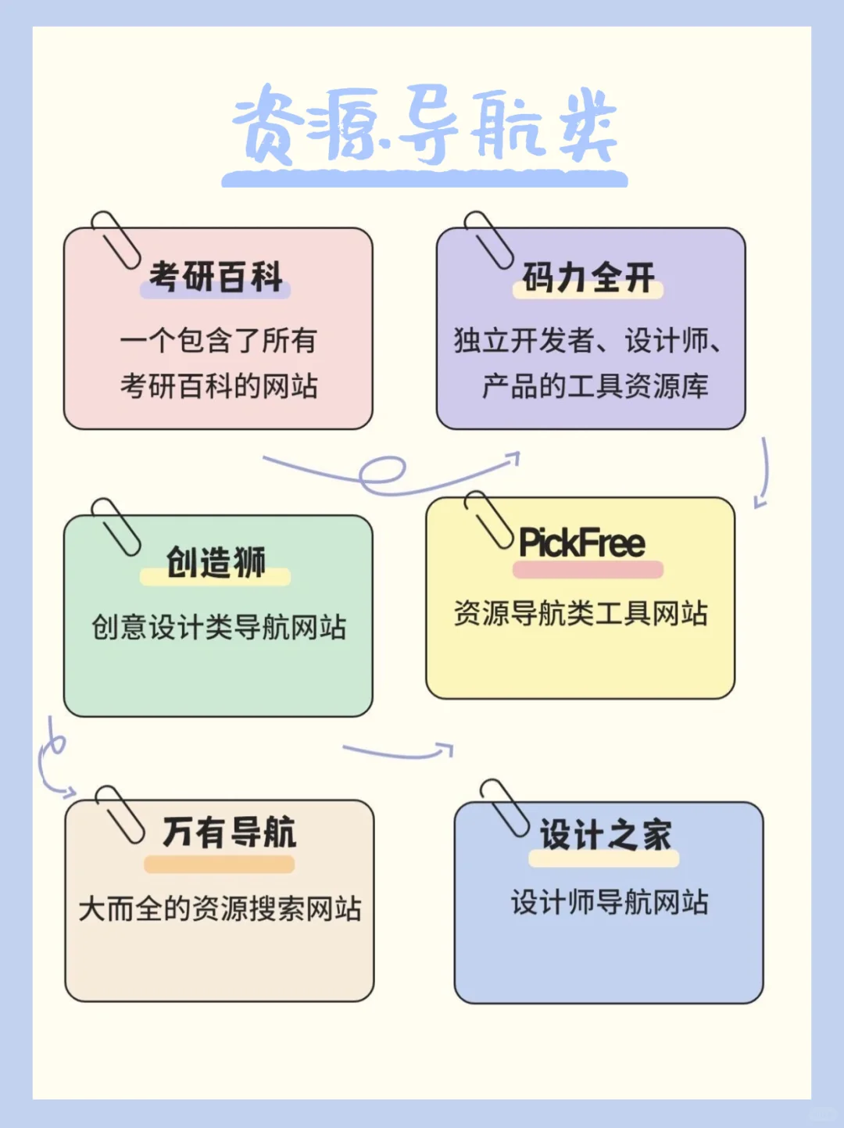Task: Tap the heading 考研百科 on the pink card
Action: (x=216, y=277)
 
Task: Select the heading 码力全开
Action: (x=588, y=278)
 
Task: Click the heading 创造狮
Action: (x=216, y=562)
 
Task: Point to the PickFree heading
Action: (x=582, y=543)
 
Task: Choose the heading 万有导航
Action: (x=229, y=832)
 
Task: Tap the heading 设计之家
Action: (x=605, y=834)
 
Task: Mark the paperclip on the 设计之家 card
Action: (x=504, y=808)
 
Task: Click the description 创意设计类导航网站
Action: (x=218, y=627)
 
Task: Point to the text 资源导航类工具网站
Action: (x=581, y=613)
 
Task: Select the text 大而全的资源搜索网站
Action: (x=220, y=908)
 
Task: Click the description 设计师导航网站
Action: (x=609, y=902)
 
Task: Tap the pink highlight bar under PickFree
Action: (x=588, y=570)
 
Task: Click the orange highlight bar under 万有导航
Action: (x=219, y=865)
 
